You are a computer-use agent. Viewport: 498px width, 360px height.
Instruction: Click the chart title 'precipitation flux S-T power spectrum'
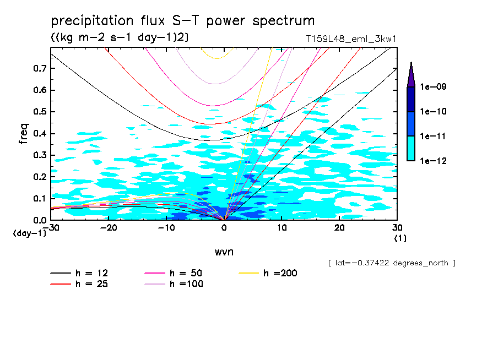tap(183, 21)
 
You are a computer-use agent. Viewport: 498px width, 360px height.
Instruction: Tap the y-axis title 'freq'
tap(24, 134)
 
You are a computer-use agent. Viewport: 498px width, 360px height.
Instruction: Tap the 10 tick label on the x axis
tap(282, 227)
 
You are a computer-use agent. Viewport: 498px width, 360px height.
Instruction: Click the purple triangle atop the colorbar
tap(411, 75)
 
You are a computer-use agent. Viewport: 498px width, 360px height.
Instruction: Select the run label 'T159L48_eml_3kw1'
tap(351, 39)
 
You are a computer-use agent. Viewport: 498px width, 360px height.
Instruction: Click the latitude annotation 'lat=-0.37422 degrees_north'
tap(392, 263)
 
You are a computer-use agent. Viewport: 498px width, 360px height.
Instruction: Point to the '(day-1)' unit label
tap(29, 233)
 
